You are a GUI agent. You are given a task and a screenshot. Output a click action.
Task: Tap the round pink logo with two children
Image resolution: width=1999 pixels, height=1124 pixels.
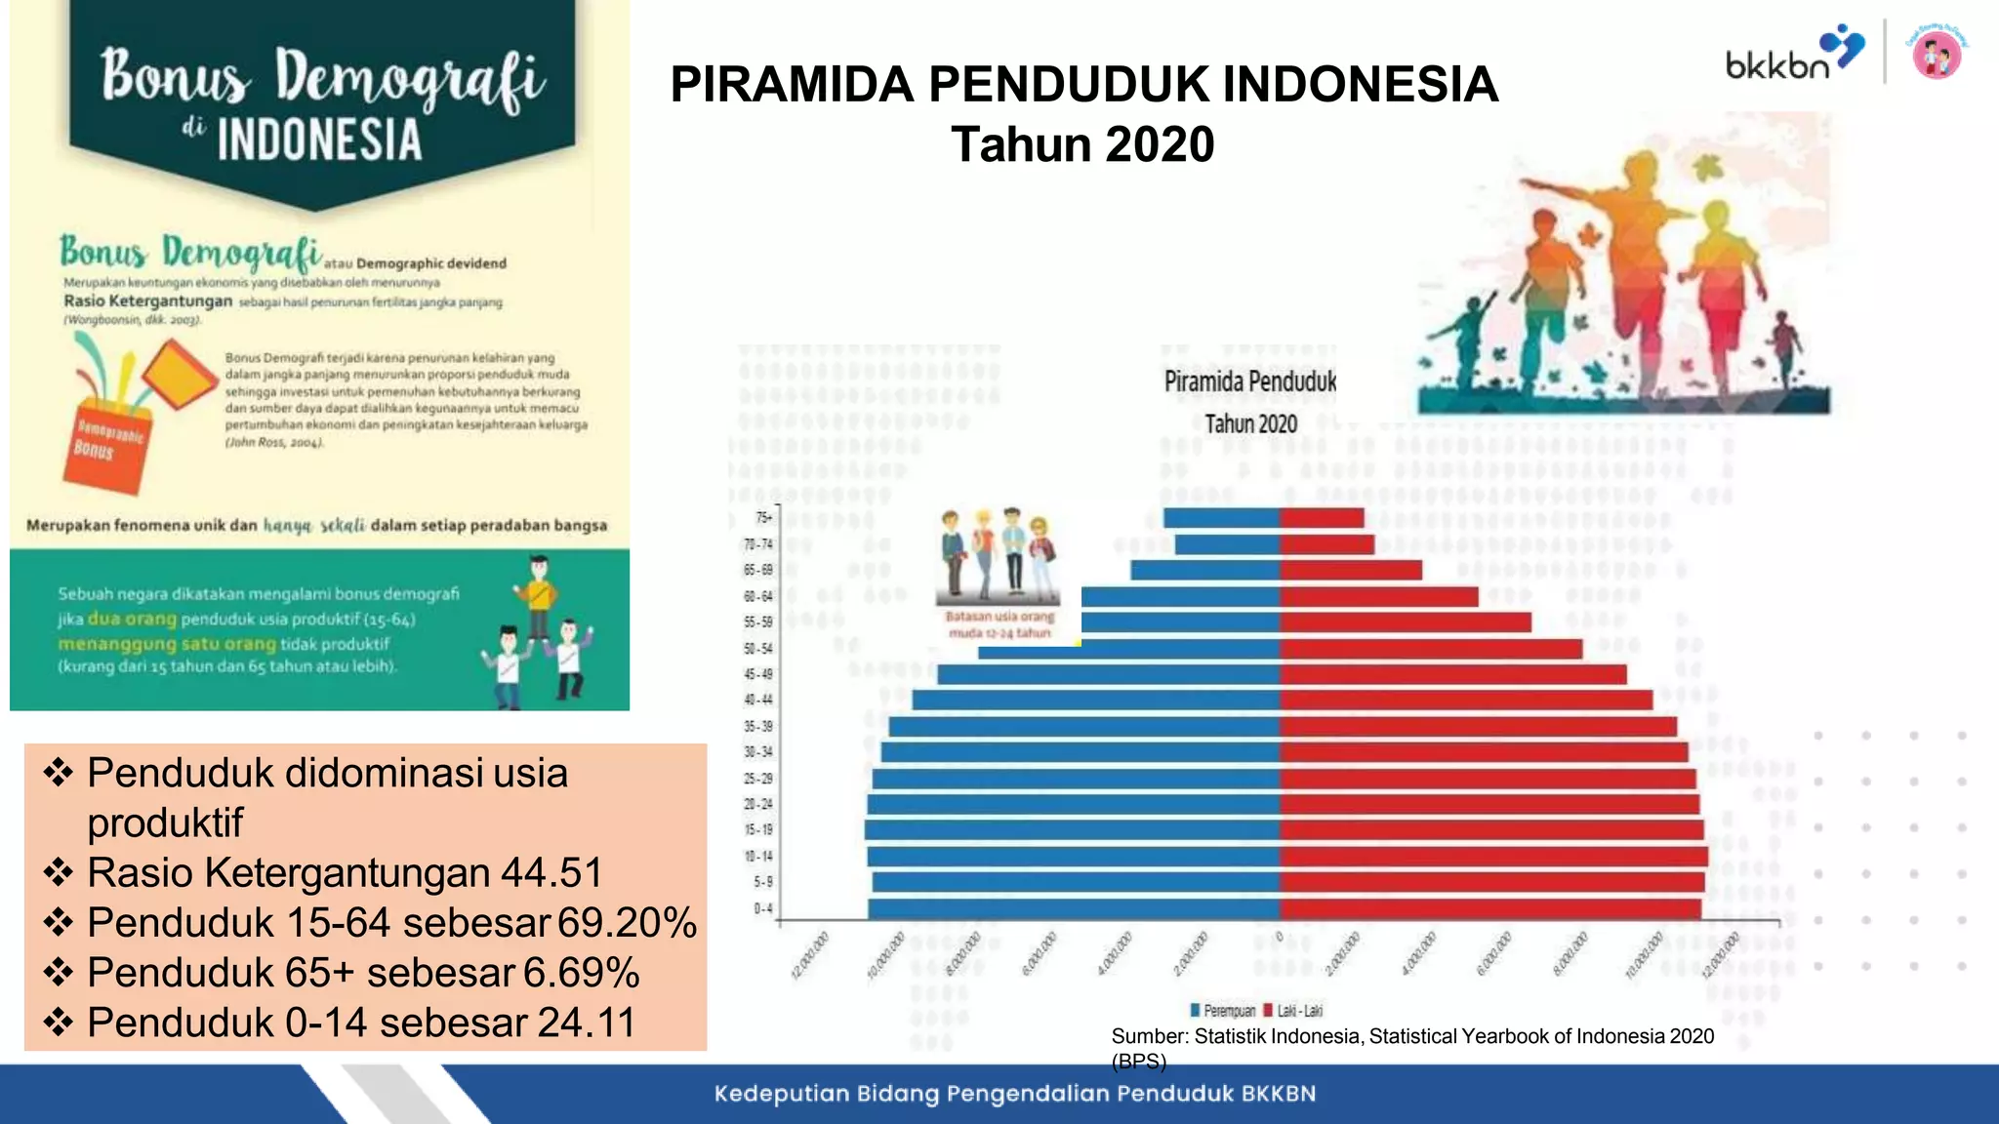(x=1938, y=54)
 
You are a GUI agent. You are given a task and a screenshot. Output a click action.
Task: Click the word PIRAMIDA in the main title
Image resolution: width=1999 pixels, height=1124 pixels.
(x=792, y=84)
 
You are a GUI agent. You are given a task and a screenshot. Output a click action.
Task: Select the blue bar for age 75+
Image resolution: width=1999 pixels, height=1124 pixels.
(x=1221, y=518)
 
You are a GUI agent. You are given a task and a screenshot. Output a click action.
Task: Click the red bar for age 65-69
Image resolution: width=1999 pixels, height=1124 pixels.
(x=1351, y=570)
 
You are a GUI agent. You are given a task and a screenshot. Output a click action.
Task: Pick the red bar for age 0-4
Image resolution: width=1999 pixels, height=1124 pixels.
(x=1490, y=908)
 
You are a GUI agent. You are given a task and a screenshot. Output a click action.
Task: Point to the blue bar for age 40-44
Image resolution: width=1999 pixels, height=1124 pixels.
(x=1096, y=700)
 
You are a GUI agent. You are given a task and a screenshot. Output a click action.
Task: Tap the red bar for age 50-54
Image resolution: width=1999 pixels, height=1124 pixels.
(x=1431, y=648)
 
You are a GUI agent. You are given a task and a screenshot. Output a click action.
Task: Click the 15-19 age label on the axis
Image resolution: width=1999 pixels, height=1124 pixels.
(x=758, y=830)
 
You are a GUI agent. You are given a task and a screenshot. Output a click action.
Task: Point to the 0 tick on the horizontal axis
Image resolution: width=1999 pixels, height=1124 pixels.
(x=1279, y=938)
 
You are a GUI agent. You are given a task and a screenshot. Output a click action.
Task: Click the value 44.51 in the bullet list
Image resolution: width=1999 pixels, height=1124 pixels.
(x=551, y=872)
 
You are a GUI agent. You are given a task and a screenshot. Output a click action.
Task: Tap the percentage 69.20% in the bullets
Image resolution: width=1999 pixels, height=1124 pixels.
(x=627, y=923)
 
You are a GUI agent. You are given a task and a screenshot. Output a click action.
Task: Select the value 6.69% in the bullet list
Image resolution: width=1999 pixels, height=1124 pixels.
(x=581, y=973)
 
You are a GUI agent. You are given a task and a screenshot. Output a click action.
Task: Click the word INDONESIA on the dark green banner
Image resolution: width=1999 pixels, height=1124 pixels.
(x=319, y=140)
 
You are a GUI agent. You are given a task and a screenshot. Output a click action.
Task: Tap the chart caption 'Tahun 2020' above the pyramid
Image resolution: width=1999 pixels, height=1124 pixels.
(x=1250, y=423)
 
